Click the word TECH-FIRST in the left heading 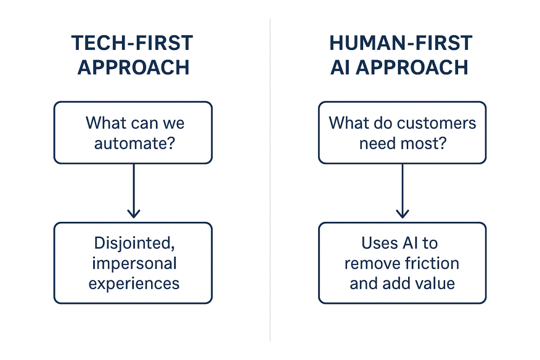pos(132,43)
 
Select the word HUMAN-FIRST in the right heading pos(401,43)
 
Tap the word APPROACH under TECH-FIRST pos(133,67)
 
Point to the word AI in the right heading pos(341,67)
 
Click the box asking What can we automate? pos(133,132)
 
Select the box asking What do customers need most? pos(402,132)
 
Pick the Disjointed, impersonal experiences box pos(133,263)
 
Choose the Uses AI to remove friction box pos(402,263)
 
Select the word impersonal pos(134,264)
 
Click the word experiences pos(134,283)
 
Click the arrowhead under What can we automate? pos(134,212)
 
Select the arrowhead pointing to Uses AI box pos(402,212)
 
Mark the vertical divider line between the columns pos(270,180)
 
